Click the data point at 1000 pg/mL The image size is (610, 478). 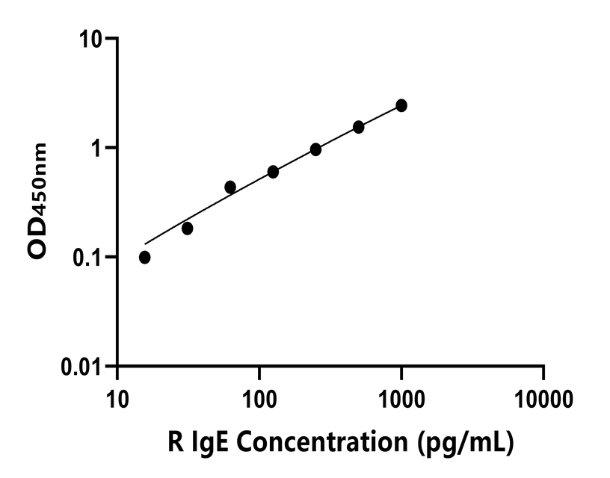[x=401, y=105]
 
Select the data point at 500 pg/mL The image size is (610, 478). [x=359, y=127]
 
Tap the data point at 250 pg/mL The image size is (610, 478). [x=315, y=149]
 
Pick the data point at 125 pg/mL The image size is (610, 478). [x=273, y=172]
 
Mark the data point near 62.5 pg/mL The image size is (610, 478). [x=230, y=187]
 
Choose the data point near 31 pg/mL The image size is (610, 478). [x=187, y=228]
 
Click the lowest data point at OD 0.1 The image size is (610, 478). [x=144, y=257]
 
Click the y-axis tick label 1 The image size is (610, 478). [x=97, y=148]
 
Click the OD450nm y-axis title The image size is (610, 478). [x=38, y=202]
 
